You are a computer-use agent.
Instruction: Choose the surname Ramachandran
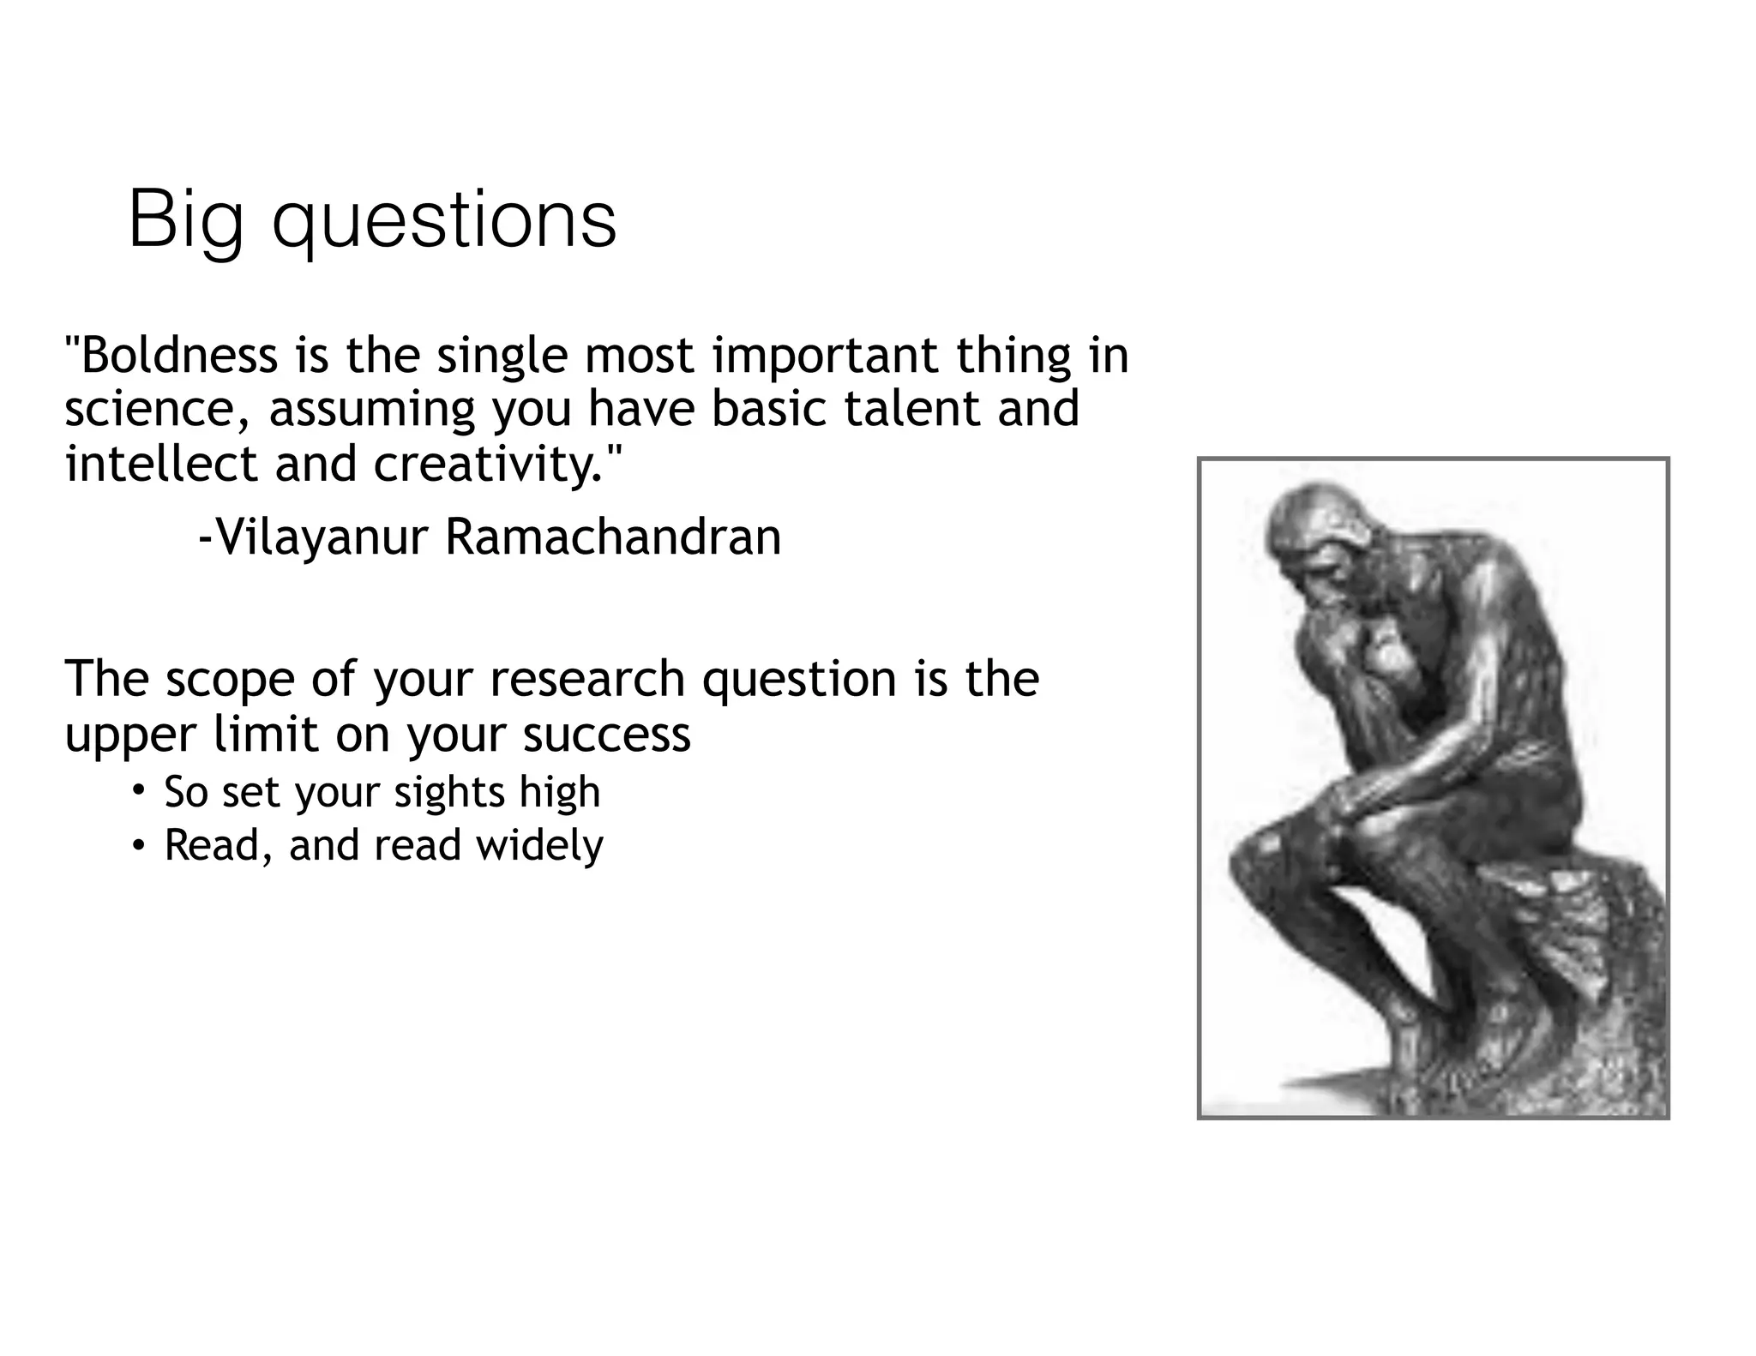[x=613, y=538]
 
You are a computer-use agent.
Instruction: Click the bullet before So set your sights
[x=137, y=789]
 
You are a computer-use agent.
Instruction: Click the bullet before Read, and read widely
[x=137, y=844]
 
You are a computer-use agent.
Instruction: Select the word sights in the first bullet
[x=449, y=791]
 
